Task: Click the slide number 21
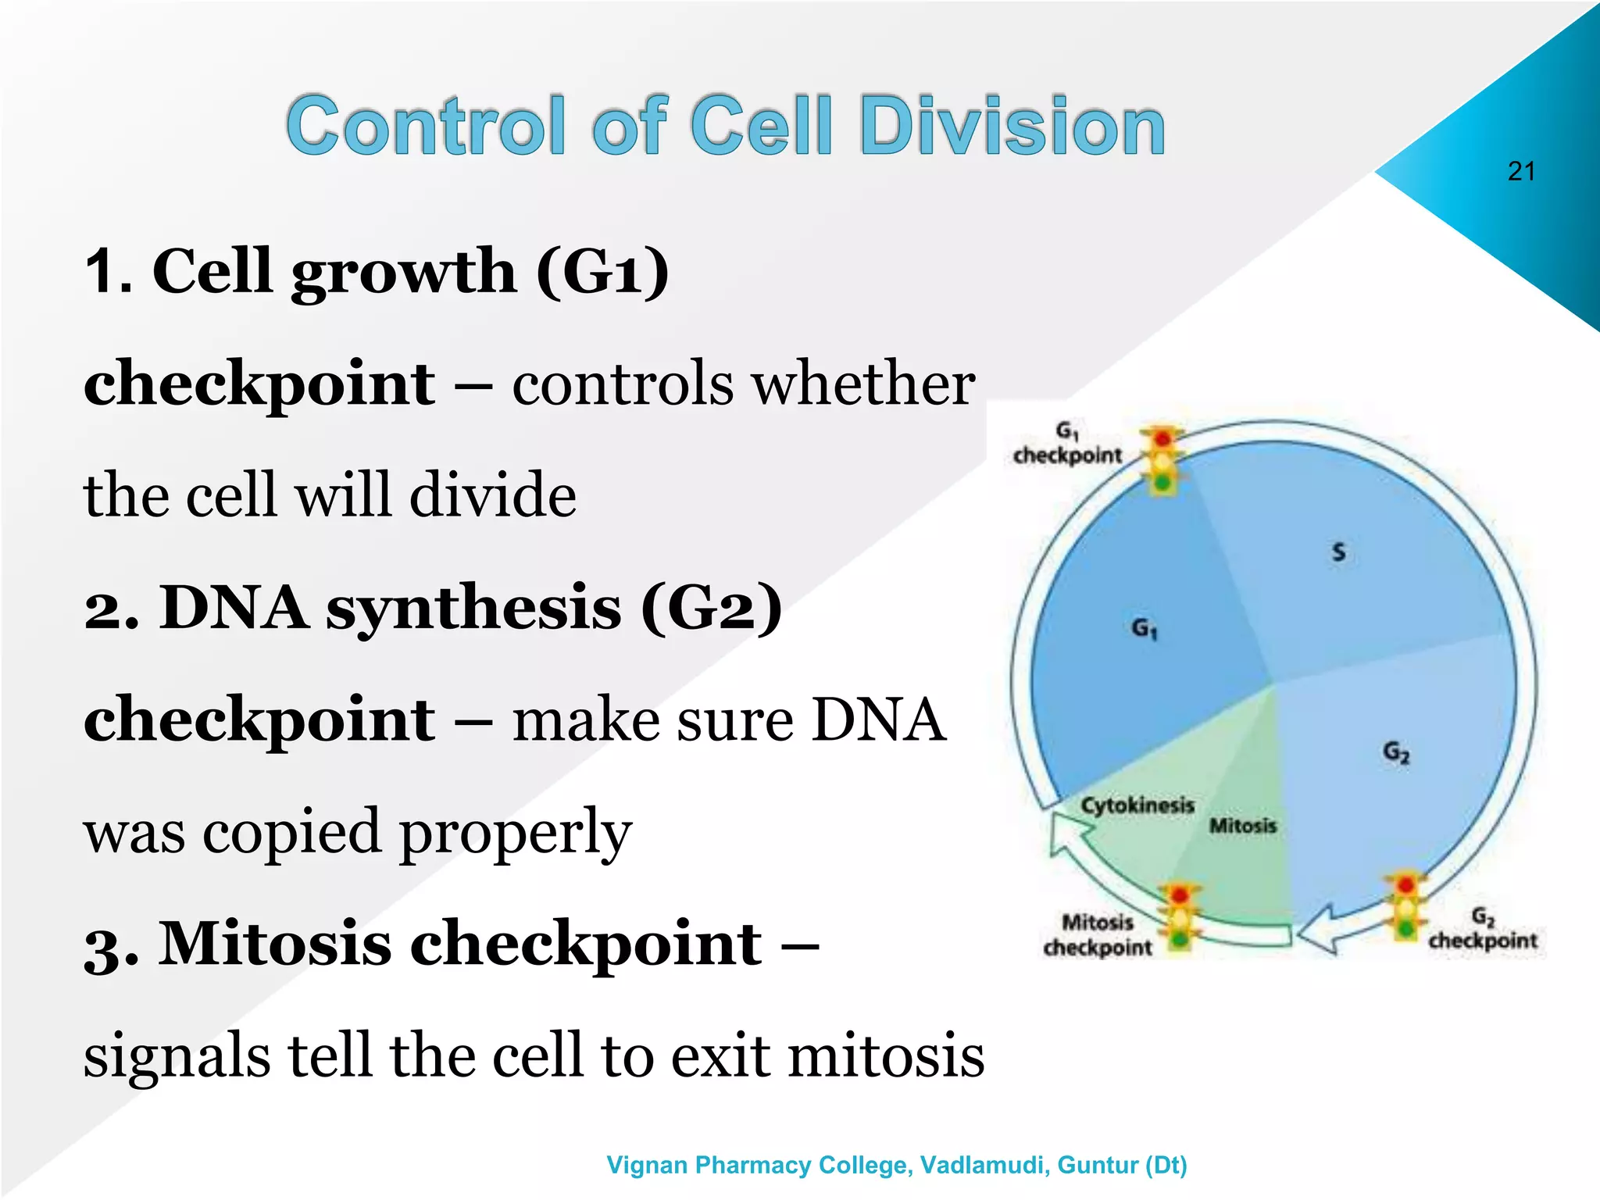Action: tap(1521, 171)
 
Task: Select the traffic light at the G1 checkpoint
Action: tap(1162, 460)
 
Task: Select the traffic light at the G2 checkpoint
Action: tap(1405, 906)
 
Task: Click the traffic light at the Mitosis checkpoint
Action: tap(1180, 916)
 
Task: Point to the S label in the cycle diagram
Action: tap(1338, 552)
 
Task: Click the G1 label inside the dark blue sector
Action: tap(1145, 627)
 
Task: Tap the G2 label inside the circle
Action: tap(1396, 752)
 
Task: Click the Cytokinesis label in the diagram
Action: tap(1137, 805)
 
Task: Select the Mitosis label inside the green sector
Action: tap(1242, 825)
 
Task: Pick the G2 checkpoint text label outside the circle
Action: tap(1482, 930)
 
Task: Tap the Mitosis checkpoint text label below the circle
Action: tap(1097, 935)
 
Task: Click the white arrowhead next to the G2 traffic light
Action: tap(1320, 930)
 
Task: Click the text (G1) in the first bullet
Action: tap(602, 271)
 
